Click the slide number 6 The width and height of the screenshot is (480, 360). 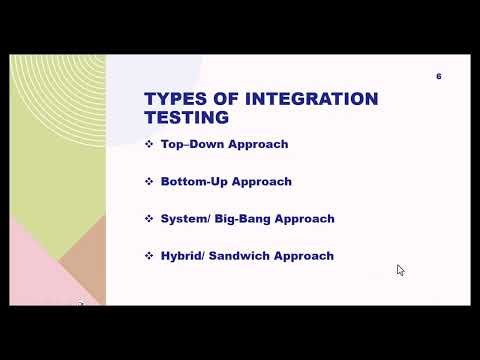(439, 77)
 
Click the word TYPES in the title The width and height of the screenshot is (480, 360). (172, 99)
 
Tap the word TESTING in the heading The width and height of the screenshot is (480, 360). (187, 118)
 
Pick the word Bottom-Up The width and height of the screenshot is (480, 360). (194, 182)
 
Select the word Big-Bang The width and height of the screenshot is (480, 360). (243, 218)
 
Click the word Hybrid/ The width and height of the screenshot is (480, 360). (183, 256)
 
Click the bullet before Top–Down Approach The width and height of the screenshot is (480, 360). (149, 144)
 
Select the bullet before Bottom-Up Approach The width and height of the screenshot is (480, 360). (149, 182)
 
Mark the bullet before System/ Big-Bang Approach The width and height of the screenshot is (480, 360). (149, 218)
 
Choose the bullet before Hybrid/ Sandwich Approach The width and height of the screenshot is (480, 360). (149, 256)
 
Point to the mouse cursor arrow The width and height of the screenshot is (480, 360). (400, 270)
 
